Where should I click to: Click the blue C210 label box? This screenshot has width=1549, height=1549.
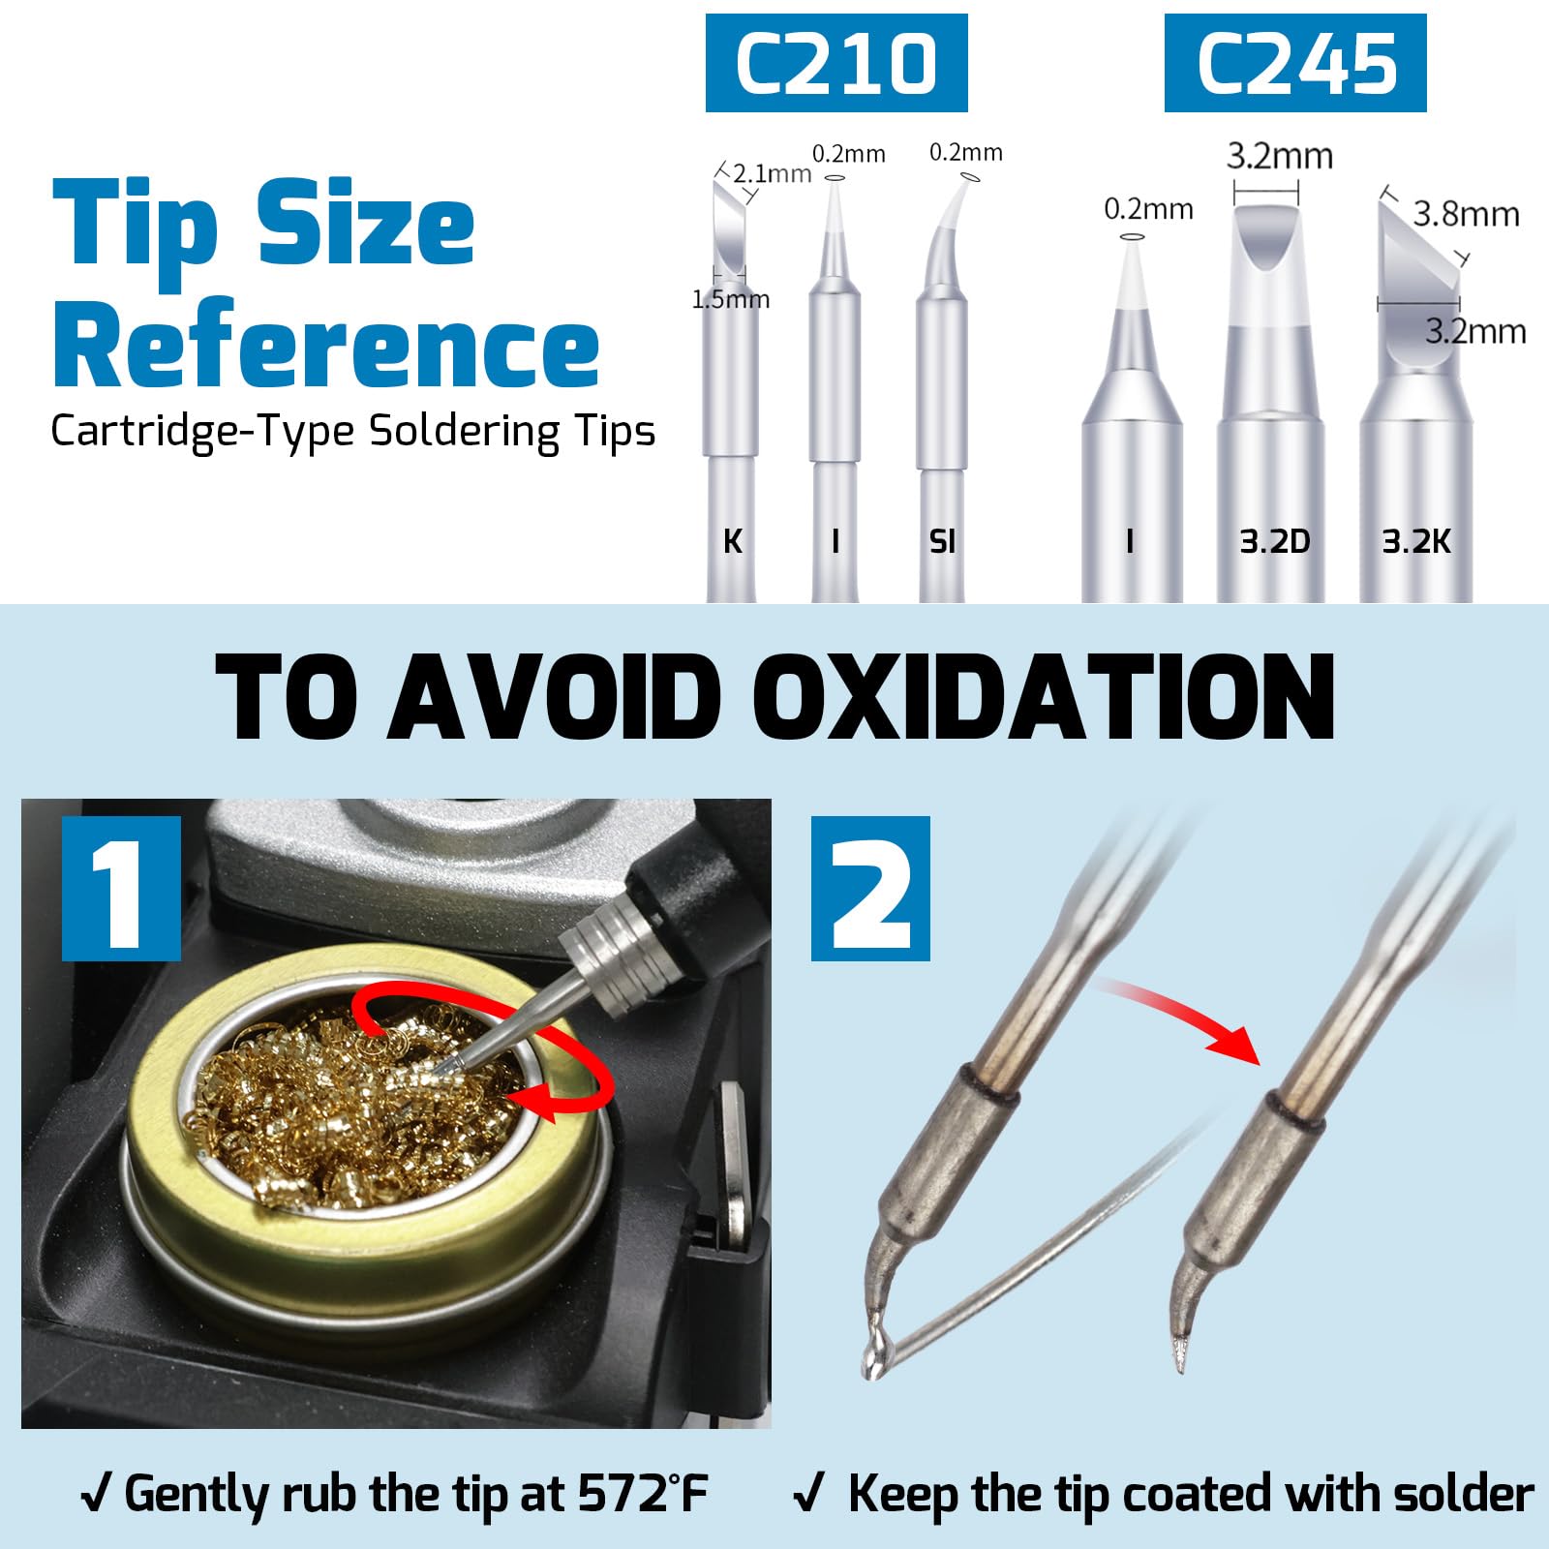coord(836,63)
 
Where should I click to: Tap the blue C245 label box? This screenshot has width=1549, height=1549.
coord(1295,63)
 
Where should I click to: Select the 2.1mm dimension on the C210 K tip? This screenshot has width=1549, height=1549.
coord(772,174)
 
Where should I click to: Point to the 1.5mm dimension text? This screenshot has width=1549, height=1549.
coord(731,299)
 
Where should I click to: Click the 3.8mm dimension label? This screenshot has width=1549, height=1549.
coord(1466,214)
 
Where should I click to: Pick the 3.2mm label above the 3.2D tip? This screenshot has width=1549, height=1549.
coord(1280,156)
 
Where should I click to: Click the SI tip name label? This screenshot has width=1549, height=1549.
coord(942,542)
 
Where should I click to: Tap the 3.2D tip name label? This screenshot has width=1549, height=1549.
coord(1275,542)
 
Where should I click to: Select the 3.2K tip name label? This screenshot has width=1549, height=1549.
coord(1416,542)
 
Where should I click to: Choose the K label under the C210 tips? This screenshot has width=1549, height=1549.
coord(733,542)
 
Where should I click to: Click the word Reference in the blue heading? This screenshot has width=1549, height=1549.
coord(326,344)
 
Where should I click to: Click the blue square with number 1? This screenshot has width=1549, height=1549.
coord(121,889)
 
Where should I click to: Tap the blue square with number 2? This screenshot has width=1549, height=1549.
coord(870,889)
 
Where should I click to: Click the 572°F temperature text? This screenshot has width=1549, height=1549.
coord(644,1493)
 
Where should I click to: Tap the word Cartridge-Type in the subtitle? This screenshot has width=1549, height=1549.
coord(202,432)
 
